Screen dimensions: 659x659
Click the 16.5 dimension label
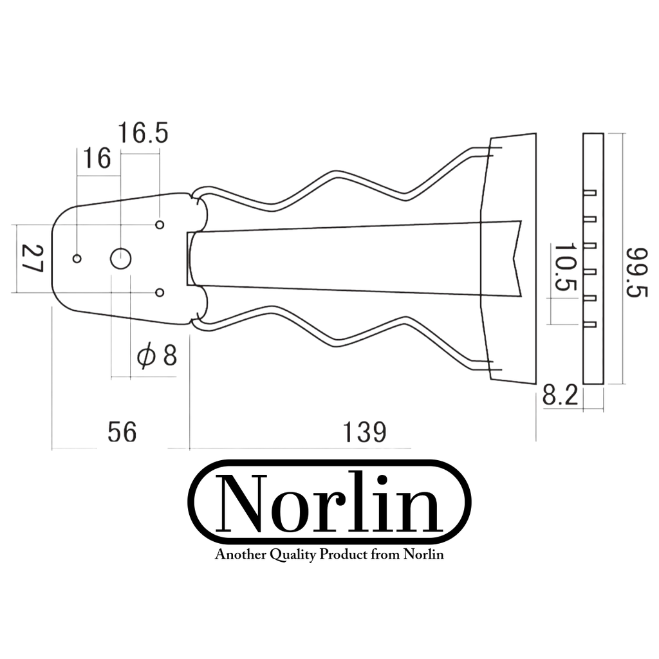pyautogui.click(x=143, y=133)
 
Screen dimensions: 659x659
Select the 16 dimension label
pyautogui.click(x=97, y=158)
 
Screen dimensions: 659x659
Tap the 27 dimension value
pyautogui.click(x=32, y=259)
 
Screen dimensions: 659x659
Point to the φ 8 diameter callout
pyautogui.click(x=157, y=356)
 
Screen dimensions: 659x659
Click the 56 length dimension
pyautogui.click(x=122, y=432)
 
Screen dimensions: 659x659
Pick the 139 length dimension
pyautogui.click(x=364, y=432)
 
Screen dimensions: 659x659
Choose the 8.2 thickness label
pyautogui.click(x=561, y=396)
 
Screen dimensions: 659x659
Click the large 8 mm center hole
pyautogui.click(x=120, y=259)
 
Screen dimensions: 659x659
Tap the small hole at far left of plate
pyautogui.click(x=77, y=259)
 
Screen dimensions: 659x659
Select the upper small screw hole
pyautogui.click(x=160, y=225)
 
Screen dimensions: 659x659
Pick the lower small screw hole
pyautogui.click(x=160, y=293)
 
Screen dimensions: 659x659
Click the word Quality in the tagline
pyautogui.click(x=293, y=555)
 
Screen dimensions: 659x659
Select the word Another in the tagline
pyautogui.click(x=241, y=554)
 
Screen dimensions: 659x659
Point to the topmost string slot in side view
pyautogui.click(x=590, y=193)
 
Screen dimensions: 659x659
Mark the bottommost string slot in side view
pyautogui.click(x=590, y=324)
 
